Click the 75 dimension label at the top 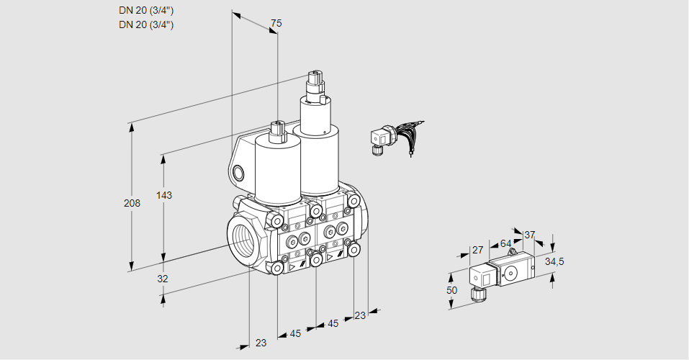point(276,23)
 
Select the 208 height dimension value point(132,203)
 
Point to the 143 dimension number point(164,195)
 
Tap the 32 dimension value point(163,279)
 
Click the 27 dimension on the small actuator point(477,250)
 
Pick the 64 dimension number point(505,243)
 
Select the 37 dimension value point(529,235)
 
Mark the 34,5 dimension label point(554,262)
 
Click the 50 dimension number point(451,290)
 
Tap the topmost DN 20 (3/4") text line point(146,11)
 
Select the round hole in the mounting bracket point(238,173)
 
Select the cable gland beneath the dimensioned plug point(477,294)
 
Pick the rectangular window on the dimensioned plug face point(486,278)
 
